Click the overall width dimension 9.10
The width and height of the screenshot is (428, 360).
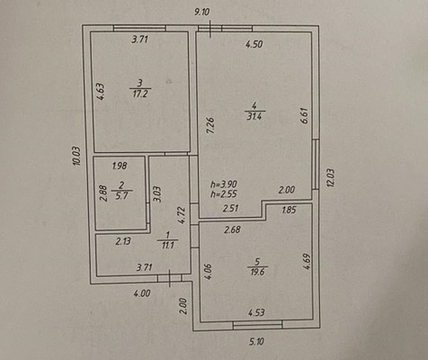(x=202, y=13)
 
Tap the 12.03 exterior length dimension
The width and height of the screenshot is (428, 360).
(x=331, y=177)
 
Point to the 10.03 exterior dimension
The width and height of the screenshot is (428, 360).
(x=76, y=156)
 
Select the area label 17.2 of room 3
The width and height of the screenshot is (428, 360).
(x=140, y=94)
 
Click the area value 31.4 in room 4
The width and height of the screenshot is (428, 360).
(x=254, y=116)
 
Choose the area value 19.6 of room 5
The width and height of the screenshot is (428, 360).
(x=258, y=272)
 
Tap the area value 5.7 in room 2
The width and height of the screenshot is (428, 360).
(x=121, y=196)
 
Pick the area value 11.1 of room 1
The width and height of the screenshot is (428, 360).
(x=168, y=245)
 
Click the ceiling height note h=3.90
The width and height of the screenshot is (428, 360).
(x=224, y=184)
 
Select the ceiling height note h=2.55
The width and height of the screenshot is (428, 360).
(x=224, y=194)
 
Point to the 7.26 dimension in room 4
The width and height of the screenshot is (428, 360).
(x=211, y=125)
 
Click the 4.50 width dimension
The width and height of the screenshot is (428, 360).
(x=254, y=44)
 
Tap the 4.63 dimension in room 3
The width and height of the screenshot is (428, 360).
(x=101, y=92)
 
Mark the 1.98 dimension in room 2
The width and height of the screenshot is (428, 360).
(x=120, y=166)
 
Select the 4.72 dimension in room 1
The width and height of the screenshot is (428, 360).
(x=182, y=215)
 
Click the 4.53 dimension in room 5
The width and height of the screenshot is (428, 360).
(x=256, y=312)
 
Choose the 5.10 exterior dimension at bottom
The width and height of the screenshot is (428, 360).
(x=256, y=341)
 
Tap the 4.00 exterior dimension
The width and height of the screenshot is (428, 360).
(x=142, y=293)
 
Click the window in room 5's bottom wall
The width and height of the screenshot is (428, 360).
(x=258, y=325)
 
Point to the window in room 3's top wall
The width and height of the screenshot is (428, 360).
(x=139, y=28)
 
